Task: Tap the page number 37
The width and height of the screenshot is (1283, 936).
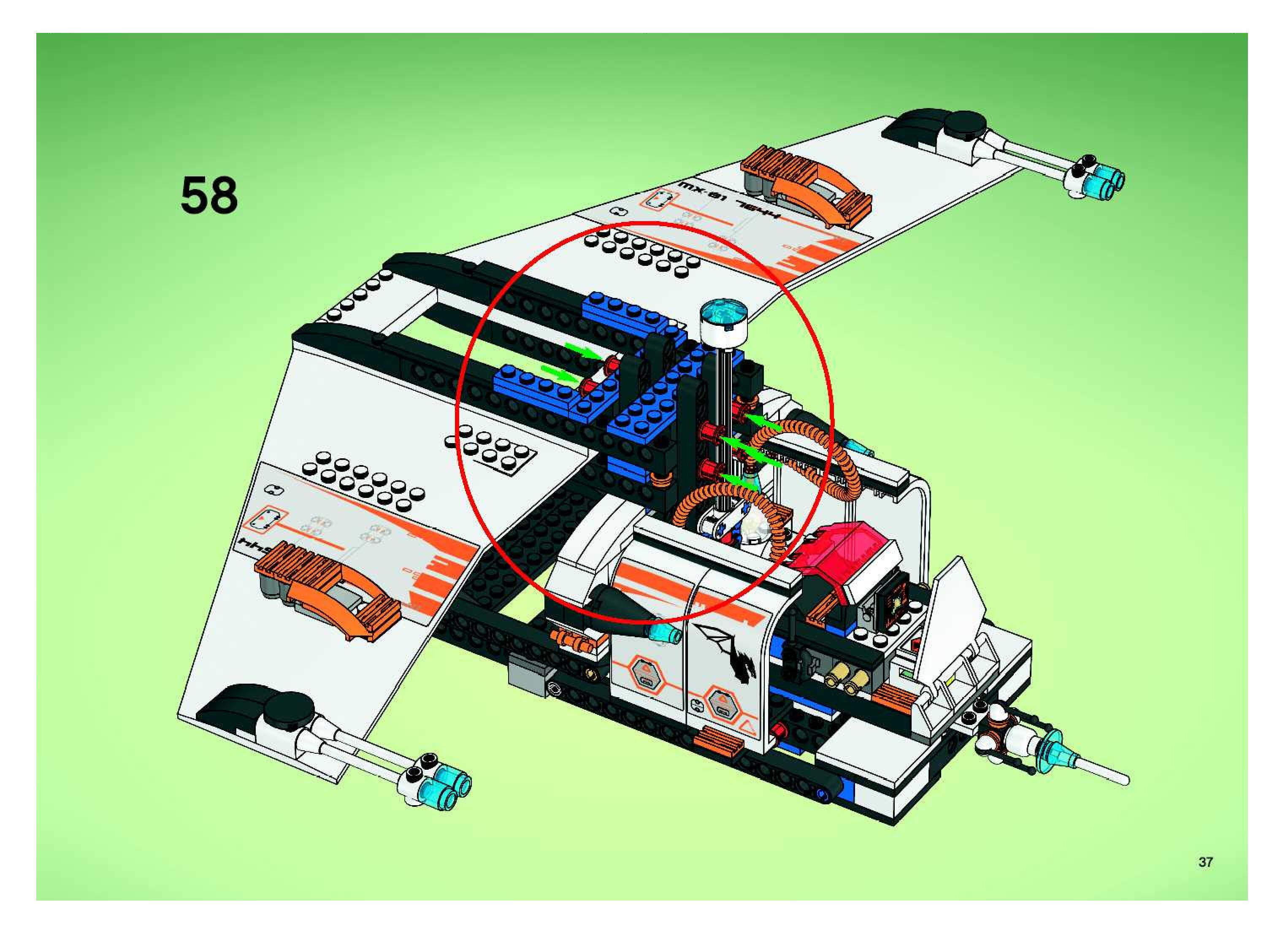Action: tap(1205, 862)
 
